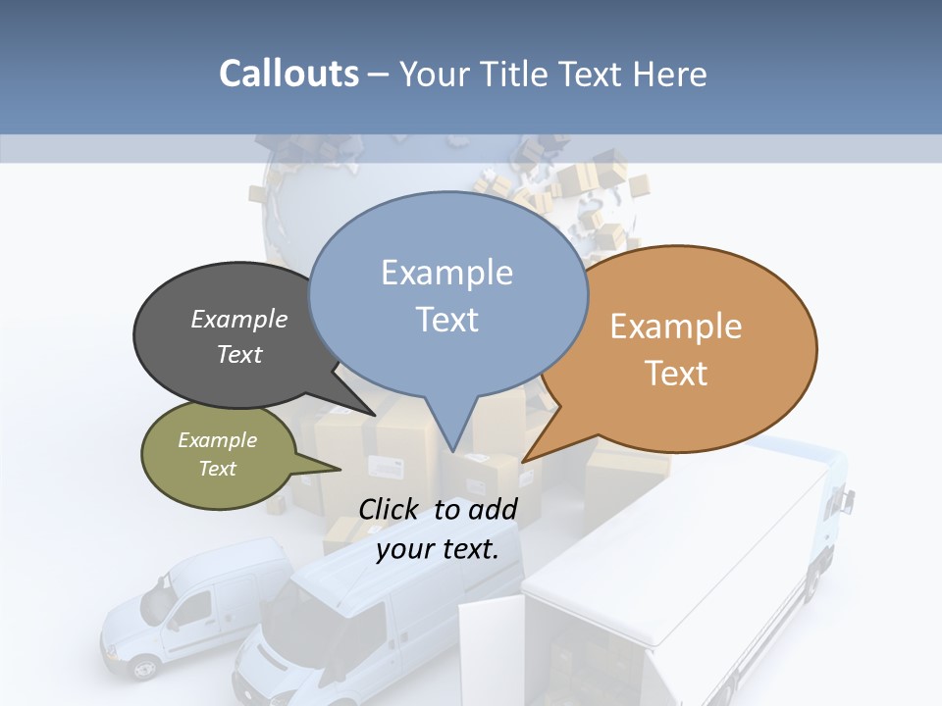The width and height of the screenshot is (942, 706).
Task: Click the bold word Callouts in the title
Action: [x=288, y=74]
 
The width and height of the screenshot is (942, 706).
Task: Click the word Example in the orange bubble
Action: [x=676, y=327]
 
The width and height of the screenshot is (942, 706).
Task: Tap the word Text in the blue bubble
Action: [x=447, y=319]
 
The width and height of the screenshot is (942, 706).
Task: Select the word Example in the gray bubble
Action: [x=239, y=319]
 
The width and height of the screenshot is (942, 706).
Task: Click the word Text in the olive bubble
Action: [x=217, y=469]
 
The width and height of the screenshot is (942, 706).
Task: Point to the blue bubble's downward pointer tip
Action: [x=453, y=450]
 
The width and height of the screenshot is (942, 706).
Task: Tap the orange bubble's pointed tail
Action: [x=527, y=459]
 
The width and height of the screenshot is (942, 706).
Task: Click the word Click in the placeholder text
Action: [x=391, y=509]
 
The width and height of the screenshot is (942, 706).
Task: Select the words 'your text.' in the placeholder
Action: [x=438, y=549]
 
